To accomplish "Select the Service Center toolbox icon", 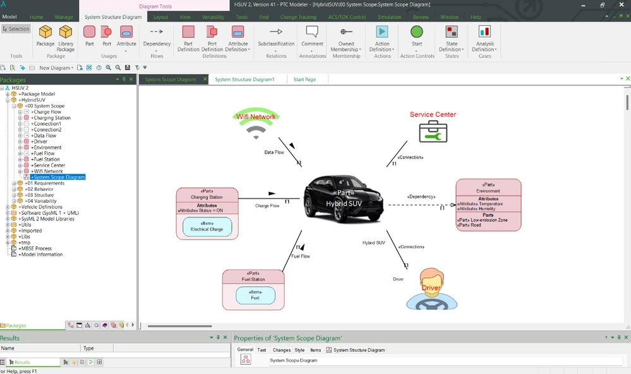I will coord(433,132).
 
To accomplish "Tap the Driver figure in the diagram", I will coord(431,289).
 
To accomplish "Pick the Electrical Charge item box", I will coord(207,227).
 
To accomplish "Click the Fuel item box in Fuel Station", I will coord(255,295).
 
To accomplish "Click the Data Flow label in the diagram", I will coord(273,153).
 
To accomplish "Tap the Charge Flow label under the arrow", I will coord(267,206).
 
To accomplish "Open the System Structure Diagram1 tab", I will coord(244,80).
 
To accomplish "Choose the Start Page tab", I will coord(304,80).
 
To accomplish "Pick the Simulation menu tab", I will coord(389,17).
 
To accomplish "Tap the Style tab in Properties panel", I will coord(299,350).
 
